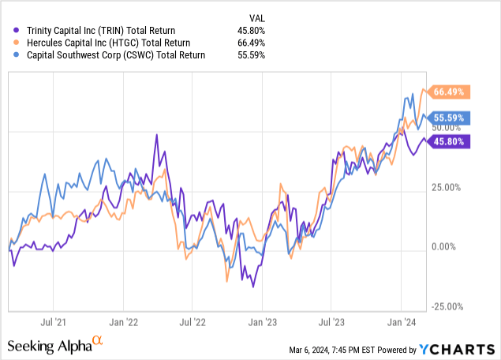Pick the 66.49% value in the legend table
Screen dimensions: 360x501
tap(251, 43)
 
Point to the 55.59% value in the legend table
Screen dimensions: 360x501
tap(251, 55)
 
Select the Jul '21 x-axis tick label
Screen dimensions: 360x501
tap(53, 322)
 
